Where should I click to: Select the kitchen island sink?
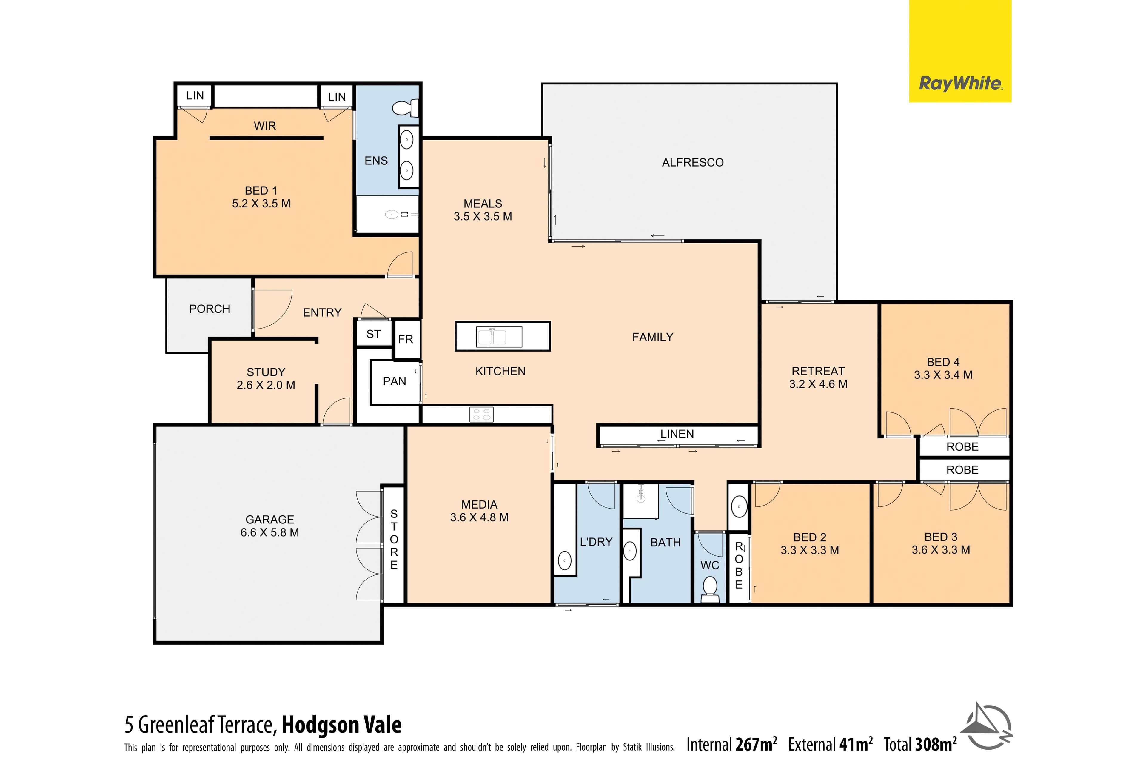pyautogui.click(x=492, y=337)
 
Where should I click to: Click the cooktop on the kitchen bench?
pyautogui.click(x=481, y=415)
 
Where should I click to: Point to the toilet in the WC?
pyautogui.click(x=710, y=590)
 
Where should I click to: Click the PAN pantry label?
pyautogui.click(x=395, y=381)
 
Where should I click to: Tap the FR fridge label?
pyautogui.click(x=405, y=339)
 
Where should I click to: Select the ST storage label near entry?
pyautogui.click(x=374, y=334)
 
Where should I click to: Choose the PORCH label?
pyautogui.click(x=210, y=309)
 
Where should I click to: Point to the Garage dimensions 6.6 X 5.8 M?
pyautogui.click(x=269, y=532)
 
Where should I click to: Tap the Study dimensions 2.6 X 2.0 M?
pyautogui.click(x=266, y=385)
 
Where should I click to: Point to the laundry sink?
pyautogui.click(x=565, y=561)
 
